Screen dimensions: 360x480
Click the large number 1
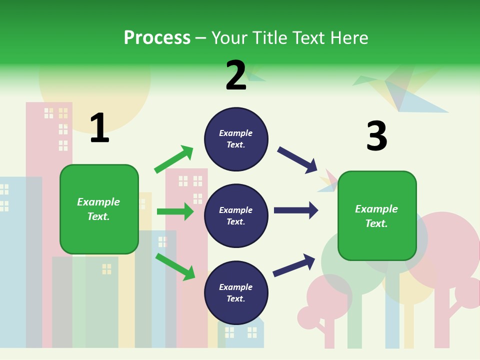(x=99, y=128)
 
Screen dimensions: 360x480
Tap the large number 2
(x=236, y=75)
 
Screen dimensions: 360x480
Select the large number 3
(x=376, y=136)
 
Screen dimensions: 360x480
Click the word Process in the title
(x=157, y=37)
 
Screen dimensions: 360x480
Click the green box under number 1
(x=99, y=209)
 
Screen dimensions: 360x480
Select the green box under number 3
(x=377, y=216)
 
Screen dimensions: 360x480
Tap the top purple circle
(x=236, y=139)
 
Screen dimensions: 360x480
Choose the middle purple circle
(x=236, y=216)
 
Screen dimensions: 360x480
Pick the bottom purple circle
(x=236, y=293)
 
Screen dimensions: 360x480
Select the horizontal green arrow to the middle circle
(x=175, y=211)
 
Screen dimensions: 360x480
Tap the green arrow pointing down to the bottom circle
(x=175, y=266)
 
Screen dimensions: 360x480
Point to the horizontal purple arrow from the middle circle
(x=295, y=210)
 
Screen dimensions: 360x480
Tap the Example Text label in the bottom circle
(x=236, y=293)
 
